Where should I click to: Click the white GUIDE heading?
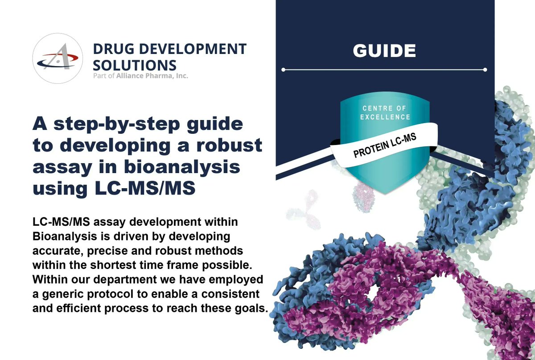click(384, 50)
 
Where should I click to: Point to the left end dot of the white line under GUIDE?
click(284, 70)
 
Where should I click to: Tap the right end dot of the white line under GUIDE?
click(485, 70)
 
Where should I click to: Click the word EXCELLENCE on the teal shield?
click(387, 117)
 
